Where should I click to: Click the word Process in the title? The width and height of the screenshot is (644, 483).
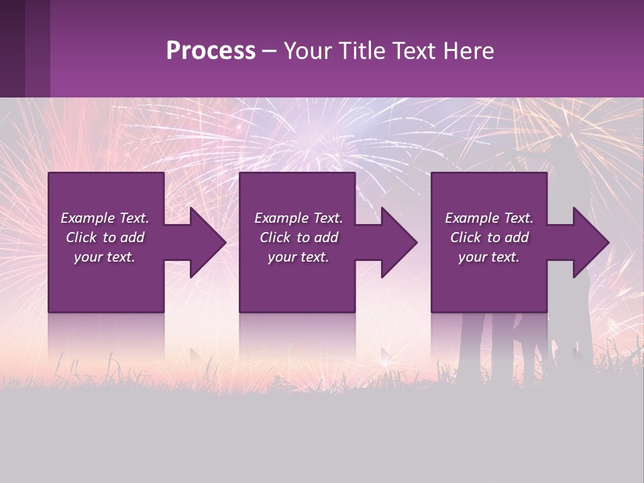[x=211, y=51]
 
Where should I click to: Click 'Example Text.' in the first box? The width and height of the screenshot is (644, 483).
[x=105, y=218]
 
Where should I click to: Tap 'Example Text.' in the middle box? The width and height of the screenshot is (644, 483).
[x=299, y=218]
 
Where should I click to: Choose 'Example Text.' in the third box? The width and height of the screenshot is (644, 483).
[x=489, y=218]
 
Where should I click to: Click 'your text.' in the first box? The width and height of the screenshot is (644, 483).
[x=105, y=257]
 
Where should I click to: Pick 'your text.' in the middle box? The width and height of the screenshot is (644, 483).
[x=299, y=257]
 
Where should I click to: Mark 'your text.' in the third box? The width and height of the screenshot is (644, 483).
[x=489, y=257]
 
